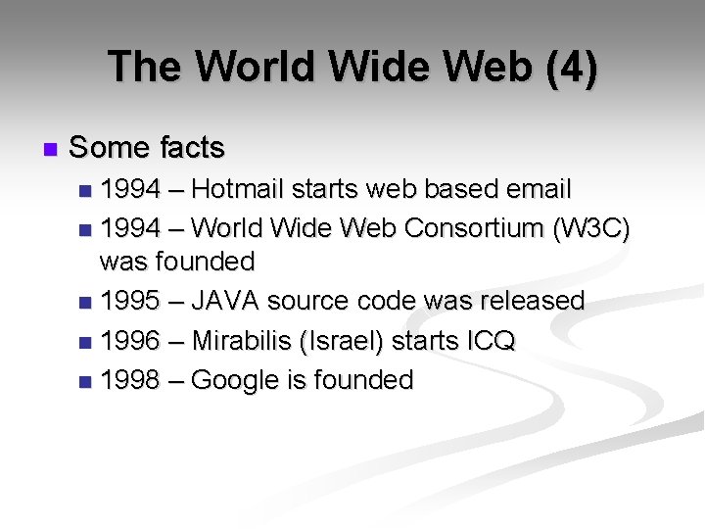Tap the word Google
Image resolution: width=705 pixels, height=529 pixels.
tap(235, 380)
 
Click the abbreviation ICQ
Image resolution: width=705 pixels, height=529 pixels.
tap(491, 341)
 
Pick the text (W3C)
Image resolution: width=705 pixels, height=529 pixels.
tap(592, 228)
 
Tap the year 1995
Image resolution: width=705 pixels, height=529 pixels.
tap(130, 301)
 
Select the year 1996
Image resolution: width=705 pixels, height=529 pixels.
tap(130, 341)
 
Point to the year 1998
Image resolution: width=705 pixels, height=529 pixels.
tap(130, 380)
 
